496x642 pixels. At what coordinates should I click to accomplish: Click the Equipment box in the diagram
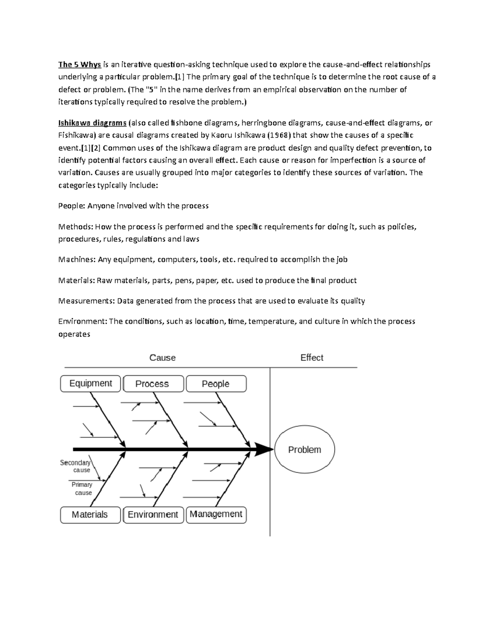(x=91, y=384)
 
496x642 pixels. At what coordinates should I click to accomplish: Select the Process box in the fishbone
(x=153, y=384)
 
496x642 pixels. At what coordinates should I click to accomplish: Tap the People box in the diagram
(x=216, y=384)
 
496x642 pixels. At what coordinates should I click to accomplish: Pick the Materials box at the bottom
(x=91, y=515)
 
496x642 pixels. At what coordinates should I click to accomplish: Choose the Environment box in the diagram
(x=153, y=515)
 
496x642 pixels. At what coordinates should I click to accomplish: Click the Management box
(x=216, y=515)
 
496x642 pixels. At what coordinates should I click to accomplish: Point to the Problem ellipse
(x=305, y=449)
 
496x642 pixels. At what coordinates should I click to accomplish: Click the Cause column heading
(x=162, y=358)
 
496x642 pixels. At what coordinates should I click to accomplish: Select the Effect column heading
(x=312, y=358)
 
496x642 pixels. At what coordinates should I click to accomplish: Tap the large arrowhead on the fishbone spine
(x=263, y=449)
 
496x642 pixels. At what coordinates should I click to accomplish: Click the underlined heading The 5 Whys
(x=79, y=64)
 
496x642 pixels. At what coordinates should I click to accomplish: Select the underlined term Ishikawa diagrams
(x=92, y=123)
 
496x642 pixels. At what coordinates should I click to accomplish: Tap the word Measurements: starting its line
(x=86, y=301)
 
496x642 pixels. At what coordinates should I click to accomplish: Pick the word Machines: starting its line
(x=77, y=260)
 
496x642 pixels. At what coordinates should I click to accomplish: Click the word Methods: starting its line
(x=76, y=227)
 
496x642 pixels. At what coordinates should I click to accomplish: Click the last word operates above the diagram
(x=74, y=334)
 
